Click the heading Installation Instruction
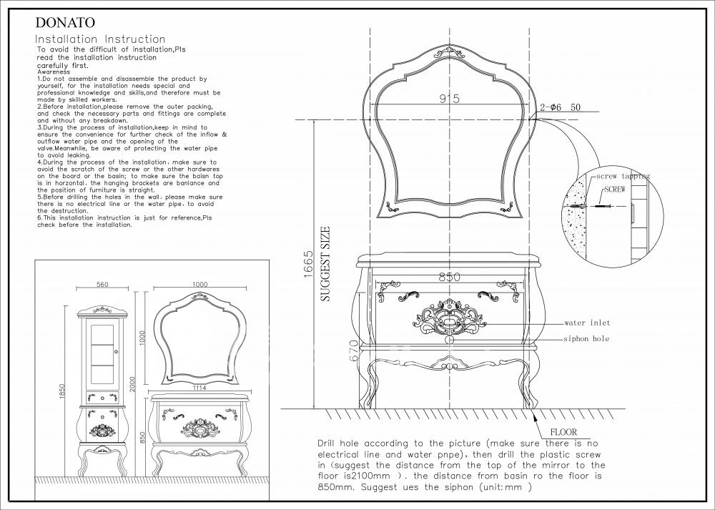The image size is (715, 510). click(101, 39)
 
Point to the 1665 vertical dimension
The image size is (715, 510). click(308, 265)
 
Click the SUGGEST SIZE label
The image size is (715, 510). click(326, 265)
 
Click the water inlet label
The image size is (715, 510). click(586, 323)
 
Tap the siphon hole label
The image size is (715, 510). click(586, 338)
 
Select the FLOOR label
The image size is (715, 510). click(563, 432)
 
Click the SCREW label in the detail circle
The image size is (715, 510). click(615, 190)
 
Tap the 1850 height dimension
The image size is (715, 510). click(62, 392)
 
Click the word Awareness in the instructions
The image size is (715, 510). click(54, 72)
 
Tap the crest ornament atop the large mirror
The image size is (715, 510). click(448, 51)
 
